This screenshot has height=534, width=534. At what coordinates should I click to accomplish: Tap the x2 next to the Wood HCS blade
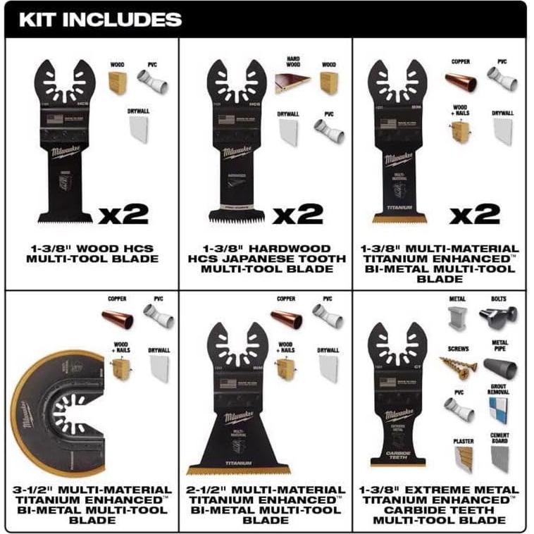[124, 213]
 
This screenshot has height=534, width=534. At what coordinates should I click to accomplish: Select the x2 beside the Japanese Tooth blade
[299, 213]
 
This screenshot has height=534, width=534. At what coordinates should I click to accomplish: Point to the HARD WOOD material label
[293, 64]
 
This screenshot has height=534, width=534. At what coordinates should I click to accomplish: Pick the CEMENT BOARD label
[499, 439]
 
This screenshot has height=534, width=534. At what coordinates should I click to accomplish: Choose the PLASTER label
[463, 441]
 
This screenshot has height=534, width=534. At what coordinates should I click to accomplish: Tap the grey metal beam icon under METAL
[458, 319]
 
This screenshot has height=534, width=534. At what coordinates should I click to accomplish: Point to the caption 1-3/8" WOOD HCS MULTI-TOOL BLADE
[92, 254]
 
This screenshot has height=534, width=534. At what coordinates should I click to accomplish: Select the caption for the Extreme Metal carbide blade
[441, 504]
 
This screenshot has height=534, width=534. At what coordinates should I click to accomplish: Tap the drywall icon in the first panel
[138, 128]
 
